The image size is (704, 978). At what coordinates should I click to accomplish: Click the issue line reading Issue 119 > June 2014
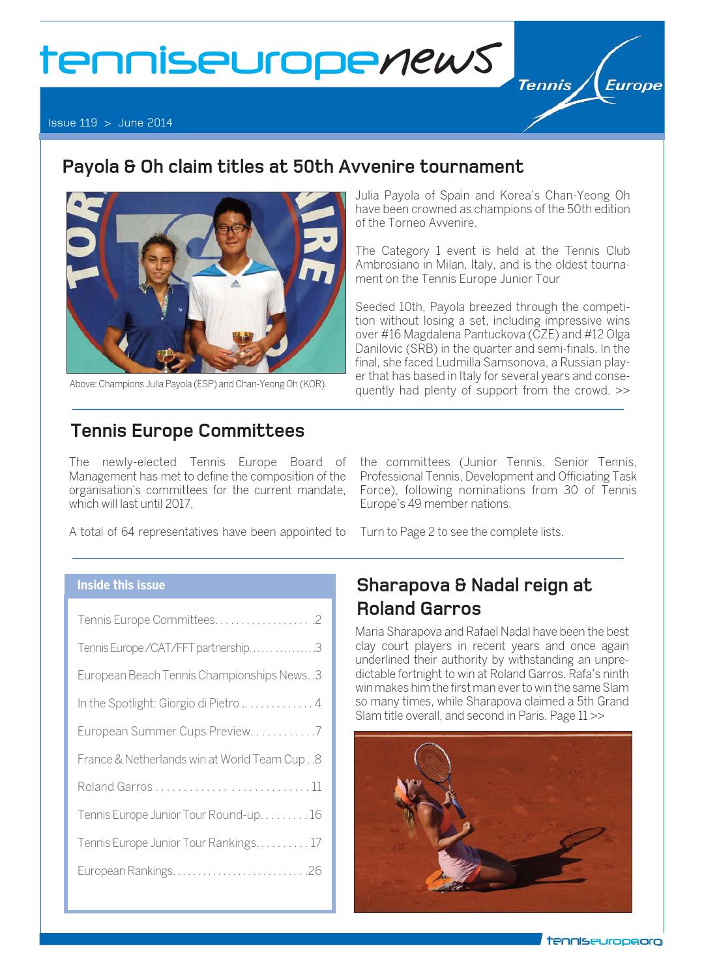click(x=110, y=123)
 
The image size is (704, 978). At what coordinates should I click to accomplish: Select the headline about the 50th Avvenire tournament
click(x=292, y=167)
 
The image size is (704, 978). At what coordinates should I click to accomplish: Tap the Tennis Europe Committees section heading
click(x=187, y=431)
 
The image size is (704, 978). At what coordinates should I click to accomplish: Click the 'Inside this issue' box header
click(x=121, y=585)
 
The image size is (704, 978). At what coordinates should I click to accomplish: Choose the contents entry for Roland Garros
click(x=199, y=787)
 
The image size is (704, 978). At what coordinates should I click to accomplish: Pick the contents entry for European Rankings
click(x=199, y=870)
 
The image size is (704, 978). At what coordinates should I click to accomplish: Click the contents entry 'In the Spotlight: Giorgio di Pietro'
click(x=199, y=704)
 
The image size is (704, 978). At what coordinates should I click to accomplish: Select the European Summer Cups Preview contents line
click(x=199, y=732)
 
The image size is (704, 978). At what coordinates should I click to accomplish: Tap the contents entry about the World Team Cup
click(x=199, y=760)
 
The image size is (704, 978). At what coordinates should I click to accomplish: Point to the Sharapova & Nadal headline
click(x=474, y=597)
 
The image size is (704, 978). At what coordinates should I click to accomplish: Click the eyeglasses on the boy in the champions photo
click(x=233, y=229)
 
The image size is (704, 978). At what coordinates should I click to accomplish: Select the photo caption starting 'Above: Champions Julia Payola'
click(x=198, y=384)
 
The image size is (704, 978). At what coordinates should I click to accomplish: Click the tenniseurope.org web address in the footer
click(x=604, y=941)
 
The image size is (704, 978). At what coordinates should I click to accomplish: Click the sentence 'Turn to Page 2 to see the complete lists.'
click(x=461, y=532)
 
